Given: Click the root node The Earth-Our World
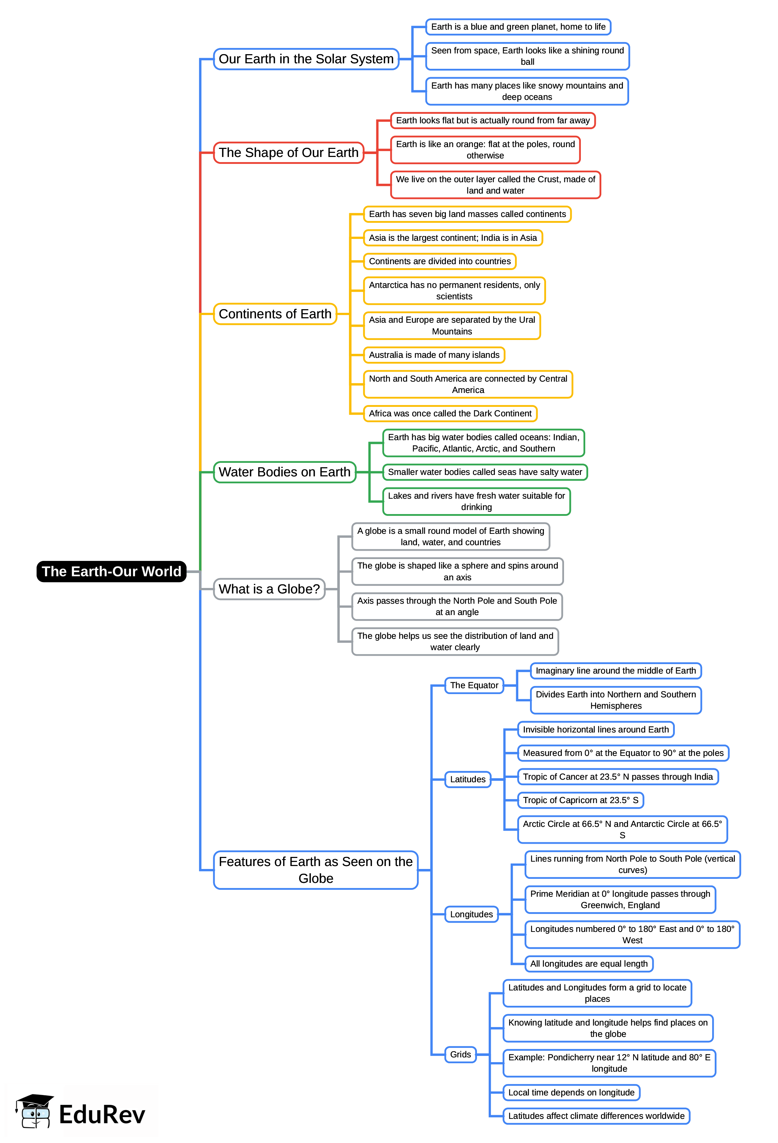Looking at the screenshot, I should click(x=111, y=571).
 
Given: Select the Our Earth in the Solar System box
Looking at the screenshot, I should click(x=306, y=59).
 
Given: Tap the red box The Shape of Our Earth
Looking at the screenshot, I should click(x=289, y=153).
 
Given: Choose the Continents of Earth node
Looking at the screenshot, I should click(x=275, y=314).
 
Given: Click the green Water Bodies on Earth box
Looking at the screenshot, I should click(x=284, y=472).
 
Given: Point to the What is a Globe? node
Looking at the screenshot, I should click(x=269, y=589).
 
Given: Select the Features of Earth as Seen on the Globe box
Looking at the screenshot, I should click(x=315, y=870).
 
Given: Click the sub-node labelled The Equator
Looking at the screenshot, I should click(x=474, y=685).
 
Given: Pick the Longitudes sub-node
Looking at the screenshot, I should click(x=471, y=914).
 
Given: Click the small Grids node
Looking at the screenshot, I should click(x=460, y=1054).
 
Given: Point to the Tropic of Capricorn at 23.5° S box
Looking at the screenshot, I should click(x=580, y=800).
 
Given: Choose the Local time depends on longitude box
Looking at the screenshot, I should click(x=571, y=1093).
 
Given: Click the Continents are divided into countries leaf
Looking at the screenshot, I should click(x=440, y=261).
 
